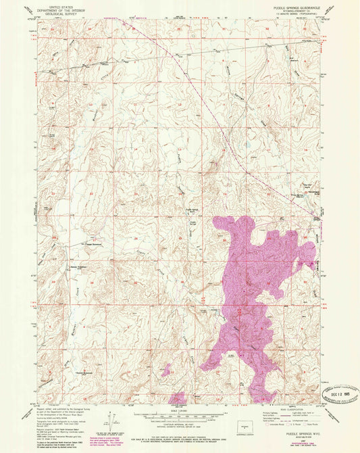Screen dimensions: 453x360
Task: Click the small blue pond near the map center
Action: [x=246, y=144]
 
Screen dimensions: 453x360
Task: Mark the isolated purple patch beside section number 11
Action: [x=165, y=369]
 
